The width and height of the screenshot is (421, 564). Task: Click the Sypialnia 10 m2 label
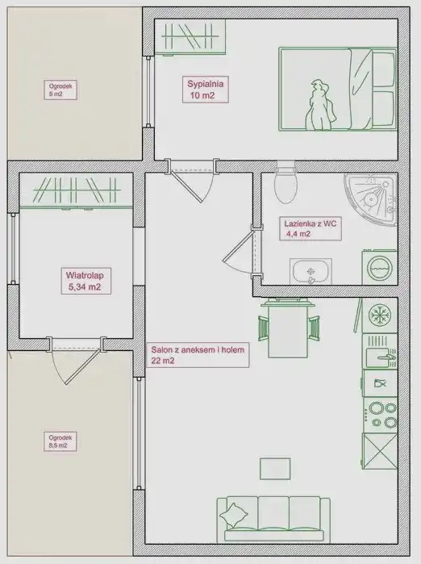(x=206, y=90)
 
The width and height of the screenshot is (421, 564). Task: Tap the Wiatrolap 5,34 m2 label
(x=85, y=281)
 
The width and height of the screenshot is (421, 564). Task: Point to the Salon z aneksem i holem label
(x=198, y=355)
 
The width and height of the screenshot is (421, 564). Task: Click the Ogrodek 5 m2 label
(x=60, y=90)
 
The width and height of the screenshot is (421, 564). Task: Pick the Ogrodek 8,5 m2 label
(x=60, y=441)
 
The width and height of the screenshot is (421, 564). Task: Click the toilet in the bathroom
(x=286, y=182)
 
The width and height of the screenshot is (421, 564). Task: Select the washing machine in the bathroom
(x=379, y=267)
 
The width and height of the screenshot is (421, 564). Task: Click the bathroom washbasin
(x=311, y=271)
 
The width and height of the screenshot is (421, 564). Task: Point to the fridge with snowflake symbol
(x=380, y=315)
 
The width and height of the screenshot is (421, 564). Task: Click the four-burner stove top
(x=381, y=415)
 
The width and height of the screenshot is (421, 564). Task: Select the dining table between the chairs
(x=288, y=328)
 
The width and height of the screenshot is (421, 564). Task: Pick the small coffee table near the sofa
(x=275, y=469)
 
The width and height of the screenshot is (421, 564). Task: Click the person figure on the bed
(x=320, y=106)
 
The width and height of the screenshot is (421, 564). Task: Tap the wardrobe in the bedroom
(x=190, y=36)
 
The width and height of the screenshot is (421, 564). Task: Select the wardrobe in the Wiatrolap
(x=77, y=190)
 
